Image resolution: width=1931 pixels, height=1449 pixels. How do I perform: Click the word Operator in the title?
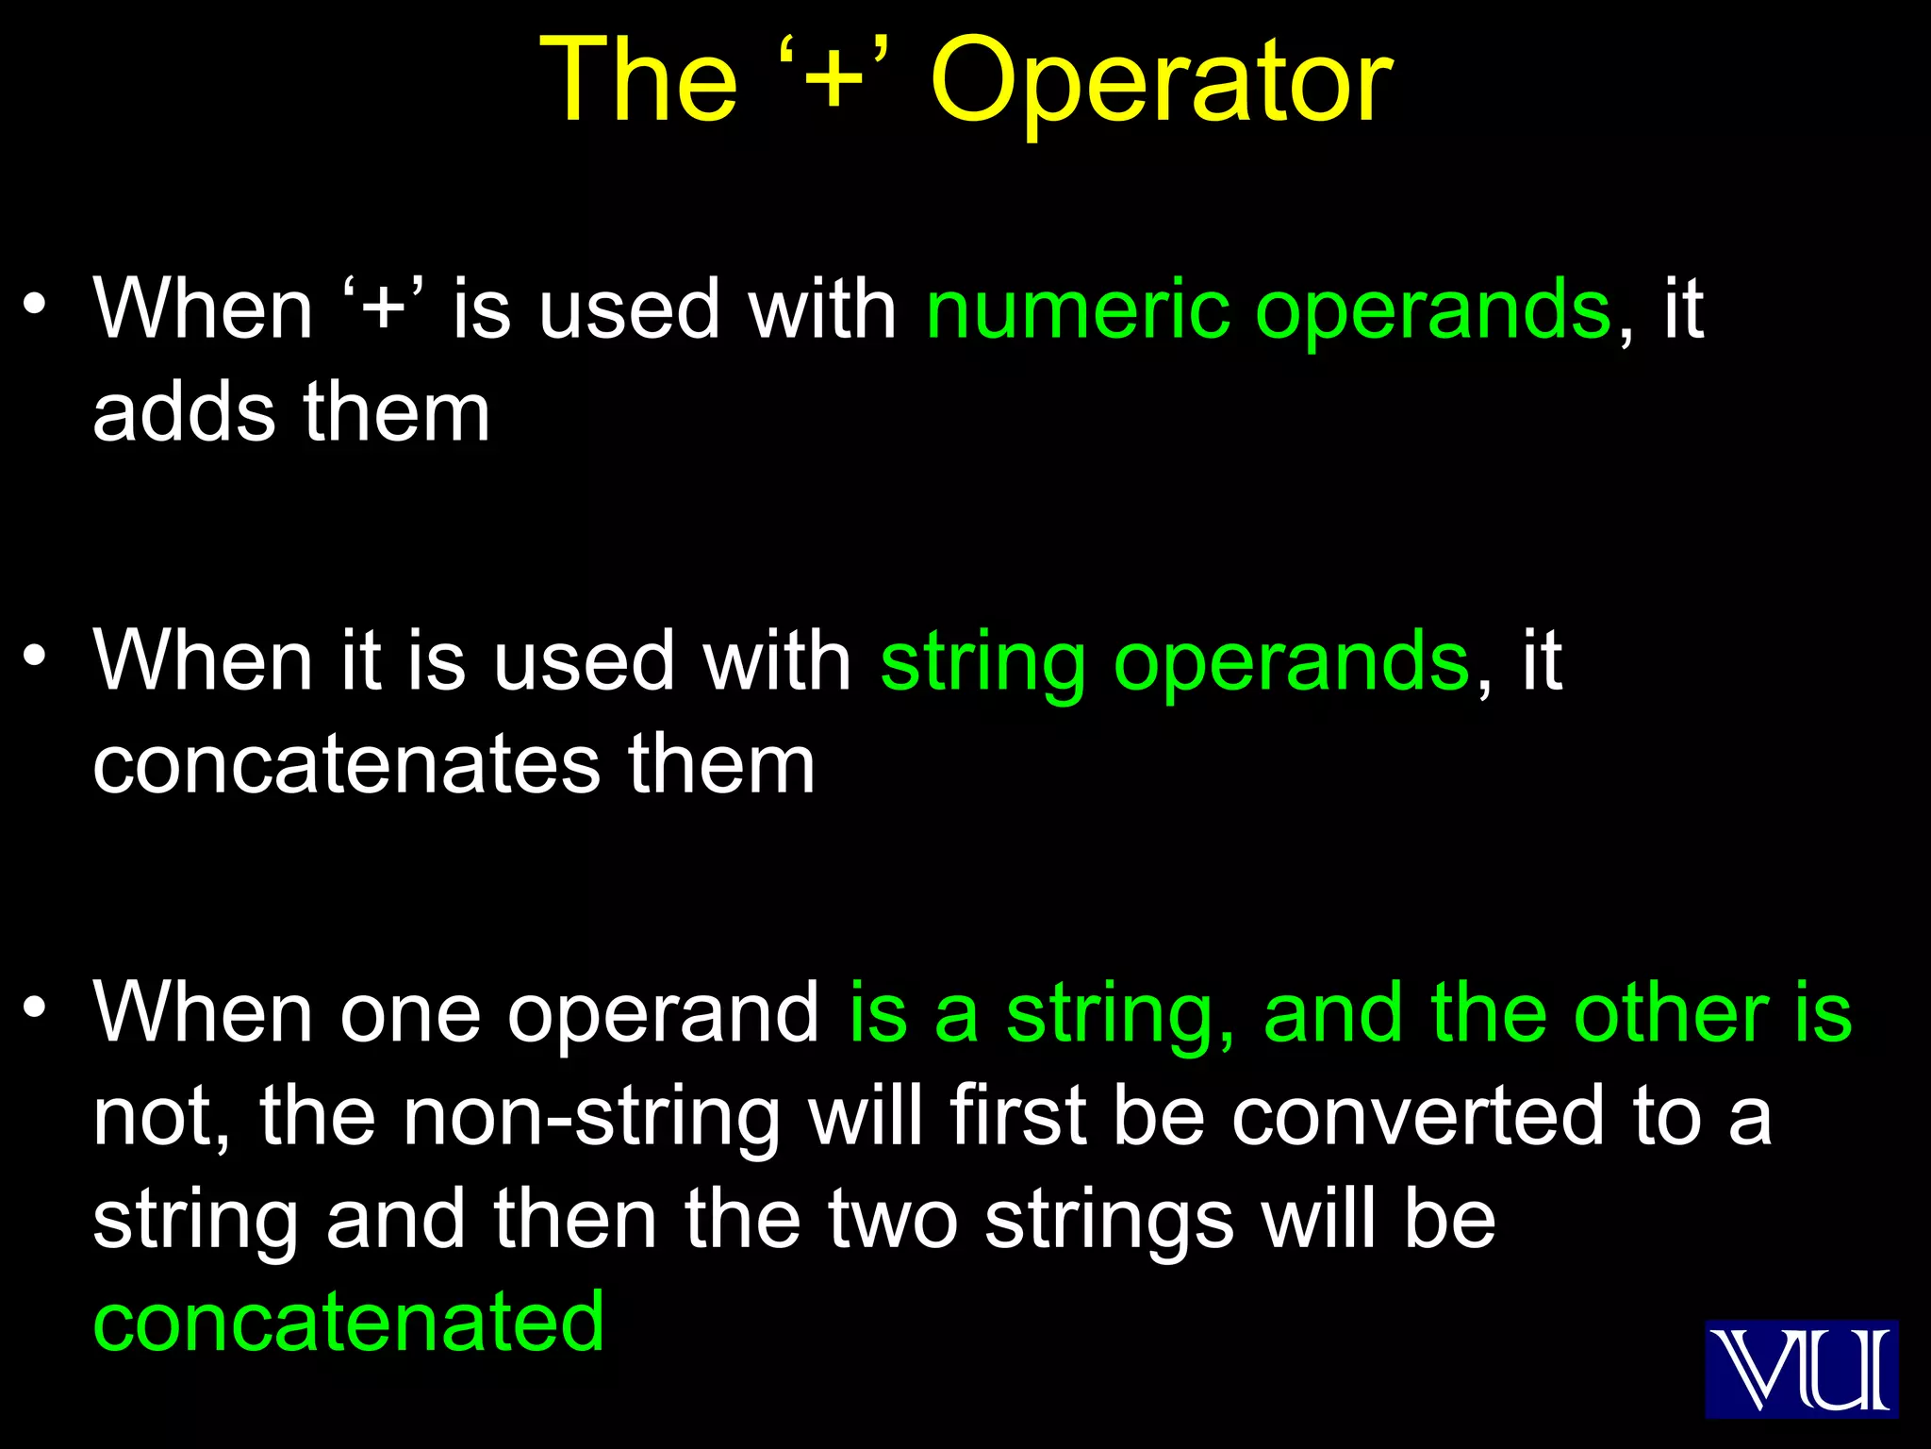[x=1161, y=83]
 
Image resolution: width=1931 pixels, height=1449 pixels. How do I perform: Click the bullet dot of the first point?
[x=35, y=304]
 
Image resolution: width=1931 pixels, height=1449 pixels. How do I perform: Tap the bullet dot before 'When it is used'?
[x=35, y=655]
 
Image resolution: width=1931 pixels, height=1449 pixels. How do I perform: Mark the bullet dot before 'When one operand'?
[x=35, y=1007]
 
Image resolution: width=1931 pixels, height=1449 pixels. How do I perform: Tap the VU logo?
[x=1801, y=1369]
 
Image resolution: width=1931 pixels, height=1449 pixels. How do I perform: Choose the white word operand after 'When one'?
[x=664, y=1015]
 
